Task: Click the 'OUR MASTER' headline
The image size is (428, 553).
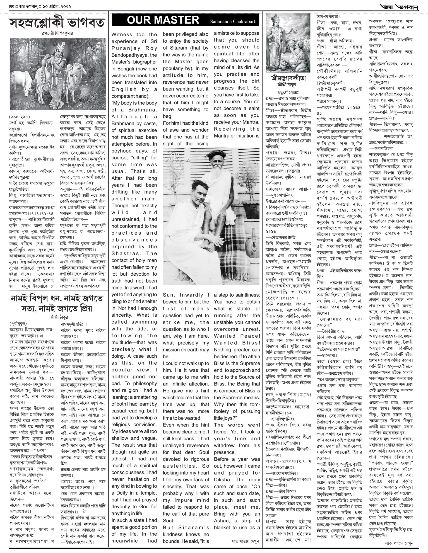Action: tap(163, 20)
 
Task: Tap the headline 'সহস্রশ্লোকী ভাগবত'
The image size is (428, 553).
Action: tap(57, 23)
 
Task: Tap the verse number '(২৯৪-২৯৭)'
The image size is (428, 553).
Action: tap(19, 117)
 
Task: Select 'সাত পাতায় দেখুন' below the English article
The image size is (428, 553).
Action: tap(245, 541)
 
